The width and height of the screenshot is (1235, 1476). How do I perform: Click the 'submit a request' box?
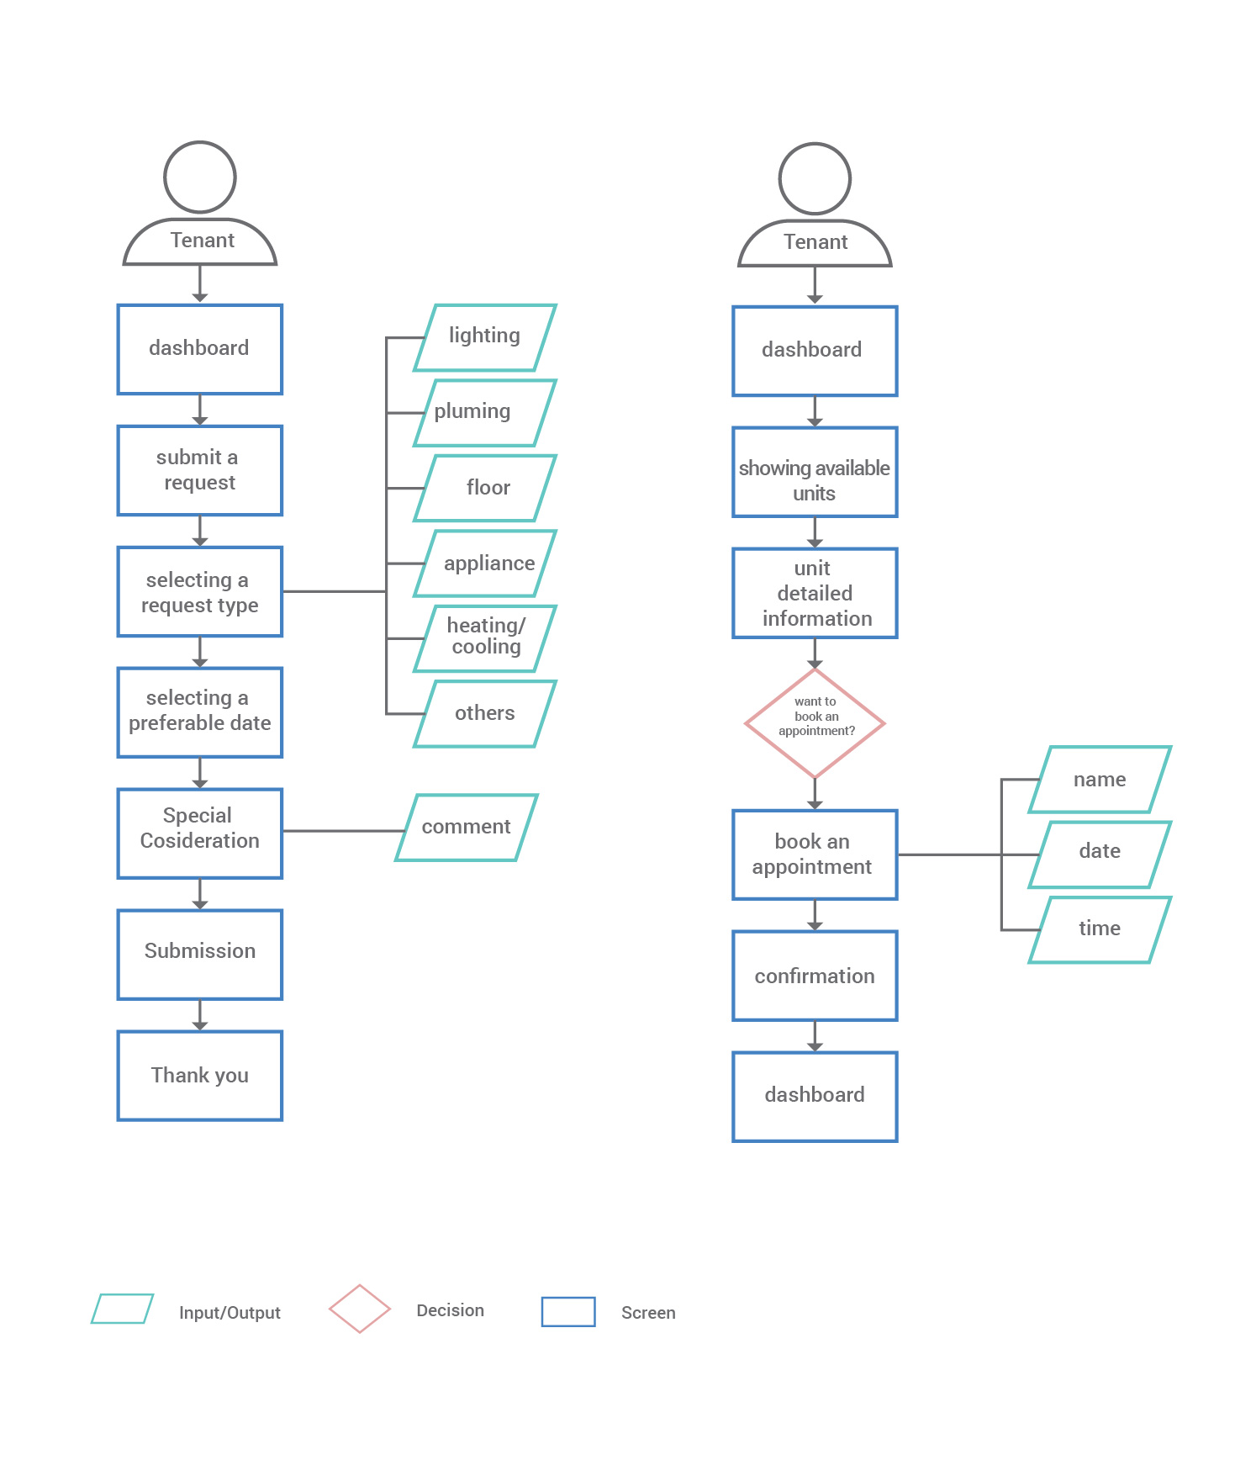[x=200, y=470]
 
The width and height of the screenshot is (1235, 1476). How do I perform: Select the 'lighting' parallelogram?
[x=485, y=337]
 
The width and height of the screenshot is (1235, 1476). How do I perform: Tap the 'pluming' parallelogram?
[x=485, y=412]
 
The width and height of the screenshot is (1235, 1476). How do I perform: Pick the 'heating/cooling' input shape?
[x=485, y=638]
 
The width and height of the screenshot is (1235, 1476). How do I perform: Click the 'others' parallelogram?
[x=485, y=713]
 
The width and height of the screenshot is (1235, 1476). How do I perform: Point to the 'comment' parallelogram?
[x=467, y=828]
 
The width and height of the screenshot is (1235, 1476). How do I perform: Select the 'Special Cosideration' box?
[x=200, y=833]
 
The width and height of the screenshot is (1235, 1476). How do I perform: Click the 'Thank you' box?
[x=200, y=1076]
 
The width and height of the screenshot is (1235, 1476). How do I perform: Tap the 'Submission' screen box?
[x=200, y=955]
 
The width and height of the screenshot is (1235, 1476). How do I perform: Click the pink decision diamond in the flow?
[x=815, y=723]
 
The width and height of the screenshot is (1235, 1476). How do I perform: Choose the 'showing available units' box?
[x=815, y=472]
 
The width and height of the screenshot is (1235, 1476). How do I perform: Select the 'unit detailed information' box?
[x=815, y=593]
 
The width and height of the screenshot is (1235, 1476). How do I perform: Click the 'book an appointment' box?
[x=815, y=854]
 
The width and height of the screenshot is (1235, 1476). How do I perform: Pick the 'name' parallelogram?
[x=1100, y=780]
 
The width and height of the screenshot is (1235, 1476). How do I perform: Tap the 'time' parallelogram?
[x=1100, y=929]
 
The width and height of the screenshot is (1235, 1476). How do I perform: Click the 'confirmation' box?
[x=815, y=976]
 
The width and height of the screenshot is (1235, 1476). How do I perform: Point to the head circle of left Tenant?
[x=200, y=177]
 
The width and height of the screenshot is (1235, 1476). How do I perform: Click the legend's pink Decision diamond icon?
[x=360, y=1309]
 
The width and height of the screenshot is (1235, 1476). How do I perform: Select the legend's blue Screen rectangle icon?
[x=568, y=1311]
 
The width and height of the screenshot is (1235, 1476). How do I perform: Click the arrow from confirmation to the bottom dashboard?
[x=815, y=1036]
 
